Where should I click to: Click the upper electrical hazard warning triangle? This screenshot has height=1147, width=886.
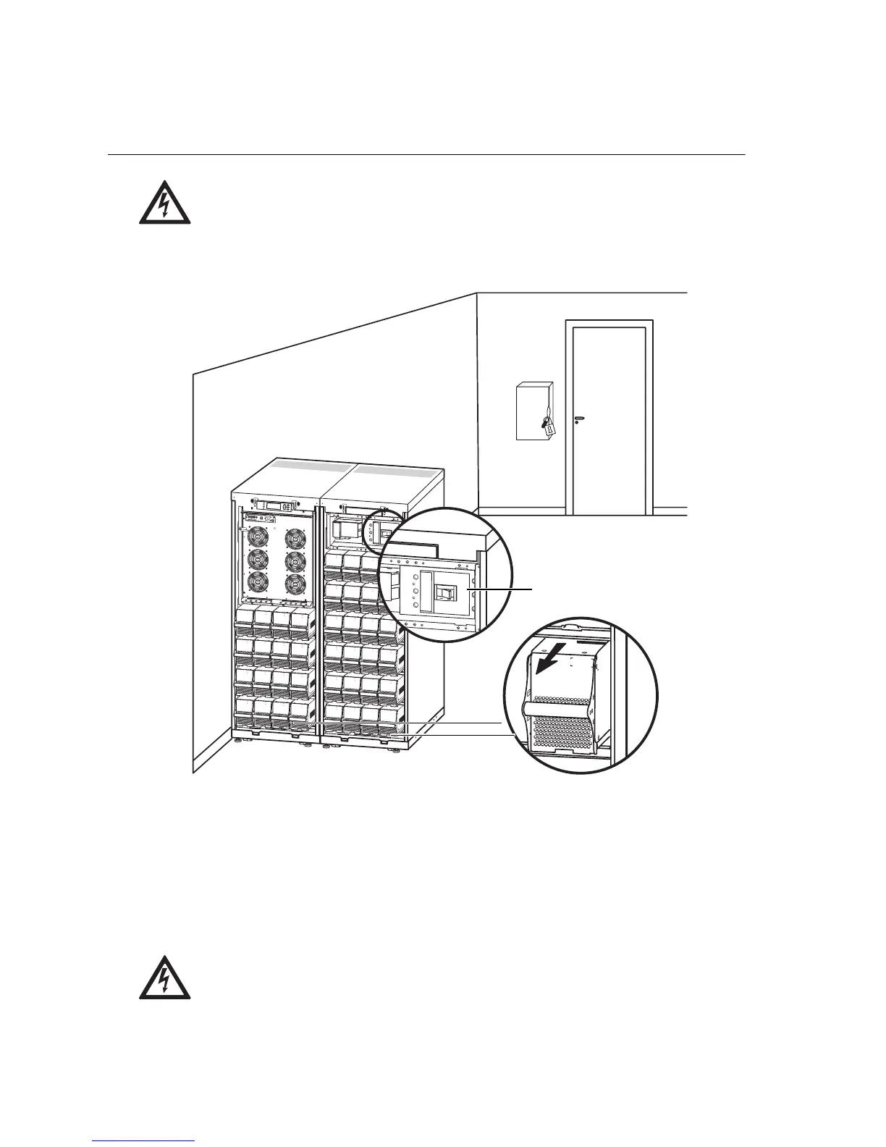point(165,203)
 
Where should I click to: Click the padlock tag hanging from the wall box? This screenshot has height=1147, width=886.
point(550,429)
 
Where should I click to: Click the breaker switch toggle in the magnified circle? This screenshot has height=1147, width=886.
point(446,594)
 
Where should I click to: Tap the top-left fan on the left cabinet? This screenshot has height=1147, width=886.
point(258,537)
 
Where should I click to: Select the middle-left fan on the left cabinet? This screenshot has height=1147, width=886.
point(258,560)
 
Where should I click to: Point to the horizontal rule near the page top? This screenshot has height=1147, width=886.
point(426,154)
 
